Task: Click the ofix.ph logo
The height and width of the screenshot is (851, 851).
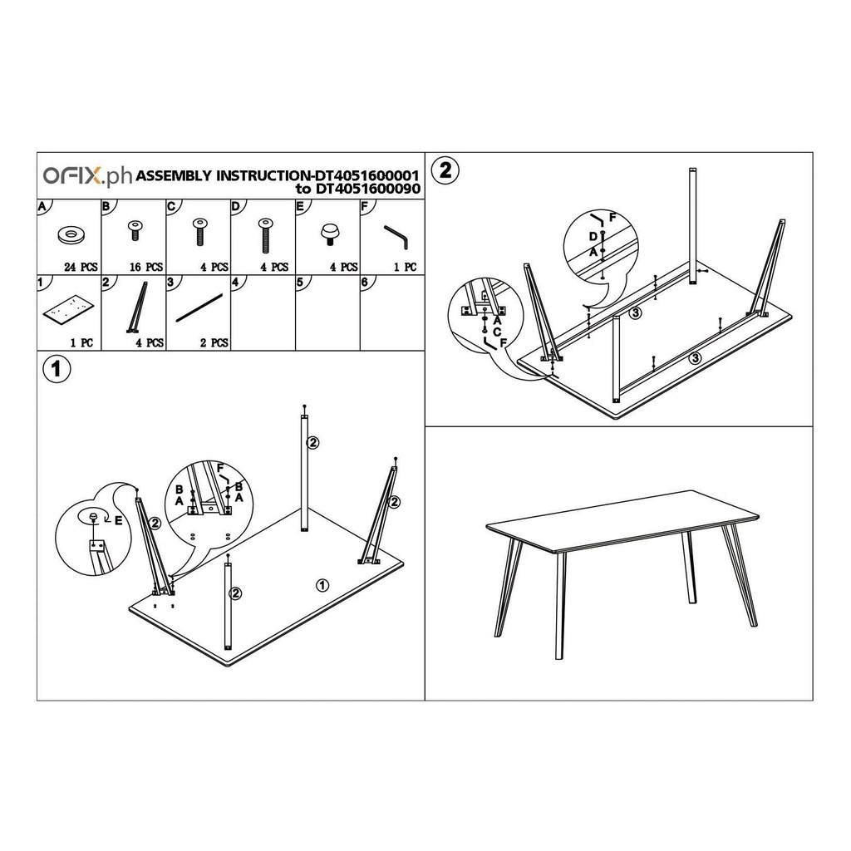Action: tap(87, 176)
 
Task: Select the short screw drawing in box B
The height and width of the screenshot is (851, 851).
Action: tap(134, 230)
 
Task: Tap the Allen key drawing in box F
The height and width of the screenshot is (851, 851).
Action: tap(396, 237)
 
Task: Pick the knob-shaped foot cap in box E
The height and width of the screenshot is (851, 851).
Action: tap(328, 234)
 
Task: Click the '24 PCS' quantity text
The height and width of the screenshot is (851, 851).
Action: tap(81, 267)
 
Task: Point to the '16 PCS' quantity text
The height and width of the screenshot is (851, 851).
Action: tap(146, 267)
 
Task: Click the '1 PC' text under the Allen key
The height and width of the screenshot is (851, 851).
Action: tap(405, 267)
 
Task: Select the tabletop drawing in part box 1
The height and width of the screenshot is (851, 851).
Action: tap(68, 311)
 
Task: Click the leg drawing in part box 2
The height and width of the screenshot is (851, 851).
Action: tap(139, 307)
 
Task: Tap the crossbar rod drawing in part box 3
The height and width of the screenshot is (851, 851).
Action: tap(199, 307)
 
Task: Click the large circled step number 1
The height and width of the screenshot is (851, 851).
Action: tap(57, 370)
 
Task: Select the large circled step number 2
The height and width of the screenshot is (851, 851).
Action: tap(445, 170)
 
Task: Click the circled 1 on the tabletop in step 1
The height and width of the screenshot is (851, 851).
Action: tap(322, 585)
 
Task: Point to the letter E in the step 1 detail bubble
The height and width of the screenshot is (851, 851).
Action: tap(118, 520)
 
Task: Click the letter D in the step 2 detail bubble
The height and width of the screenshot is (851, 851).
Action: tap(593, 237)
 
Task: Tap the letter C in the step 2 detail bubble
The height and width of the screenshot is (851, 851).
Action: tap(497, 332)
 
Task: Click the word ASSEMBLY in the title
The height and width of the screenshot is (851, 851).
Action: tap(174, 176)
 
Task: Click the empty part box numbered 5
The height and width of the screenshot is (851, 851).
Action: tap(327, 312)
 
